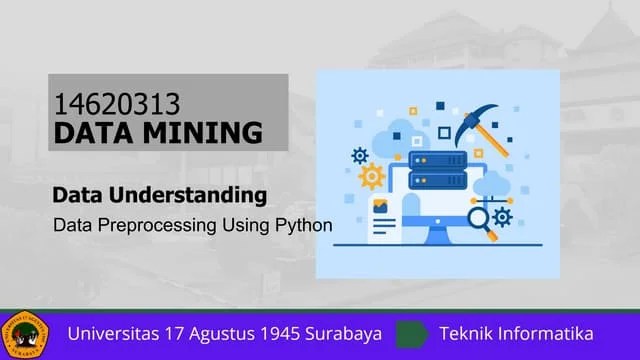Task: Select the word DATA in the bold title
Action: tap(96, 131)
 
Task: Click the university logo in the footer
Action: tap(24, 334)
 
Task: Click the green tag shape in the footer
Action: tap(411, 334)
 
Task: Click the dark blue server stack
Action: tap(437, 170)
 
